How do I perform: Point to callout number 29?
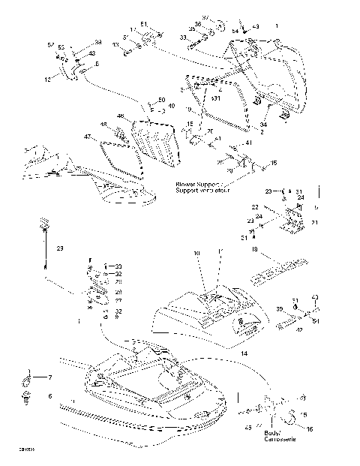tap(61, 248)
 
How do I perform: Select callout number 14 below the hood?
tap(244, 352)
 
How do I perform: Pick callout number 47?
tap(87, 137)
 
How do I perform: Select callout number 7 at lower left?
tap(50, 377)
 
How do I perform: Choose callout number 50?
tap(161, 99)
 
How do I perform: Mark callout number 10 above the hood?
tap(197, 254)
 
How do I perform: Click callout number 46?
tap(120, 116)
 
